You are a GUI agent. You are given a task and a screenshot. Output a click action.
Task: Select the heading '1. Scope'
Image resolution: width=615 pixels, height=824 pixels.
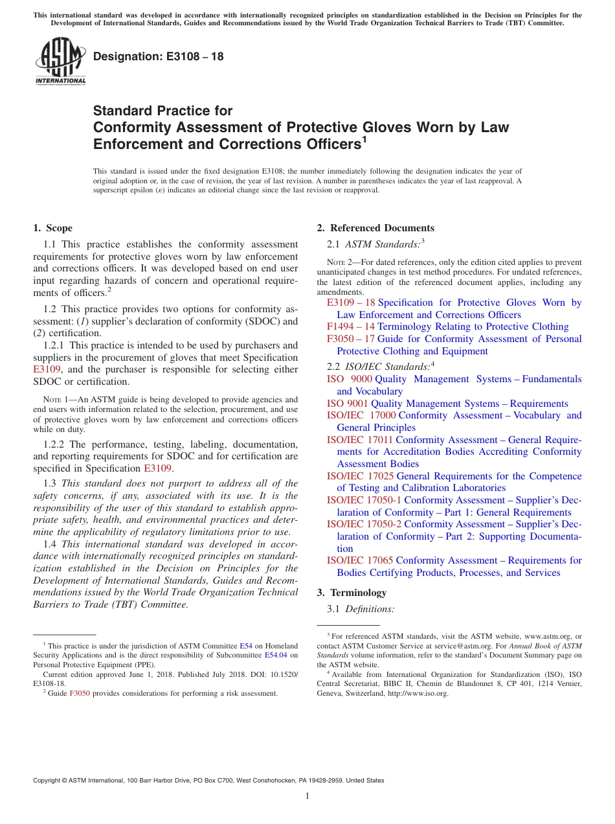(x=53, y=228)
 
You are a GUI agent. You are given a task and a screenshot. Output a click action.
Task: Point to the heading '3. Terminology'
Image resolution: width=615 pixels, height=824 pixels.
(x=358, y=593)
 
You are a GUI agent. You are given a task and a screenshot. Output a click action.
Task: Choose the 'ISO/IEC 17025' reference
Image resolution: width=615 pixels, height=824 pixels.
(x=360, y=476)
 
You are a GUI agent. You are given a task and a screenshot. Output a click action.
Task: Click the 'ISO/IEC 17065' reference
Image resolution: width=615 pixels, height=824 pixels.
(x=360, y=560)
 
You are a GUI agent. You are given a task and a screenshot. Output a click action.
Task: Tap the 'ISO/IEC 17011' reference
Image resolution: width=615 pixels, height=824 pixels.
(x=360, y=440)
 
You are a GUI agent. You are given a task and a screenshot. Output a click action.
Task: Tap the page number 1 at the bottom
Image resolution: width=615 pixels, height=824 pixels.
(x=307, y=796)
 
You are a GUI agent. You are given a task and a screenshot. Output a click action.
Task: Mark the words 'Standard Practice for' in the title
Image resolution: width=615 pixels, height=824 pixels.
(x=162, y=111)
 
